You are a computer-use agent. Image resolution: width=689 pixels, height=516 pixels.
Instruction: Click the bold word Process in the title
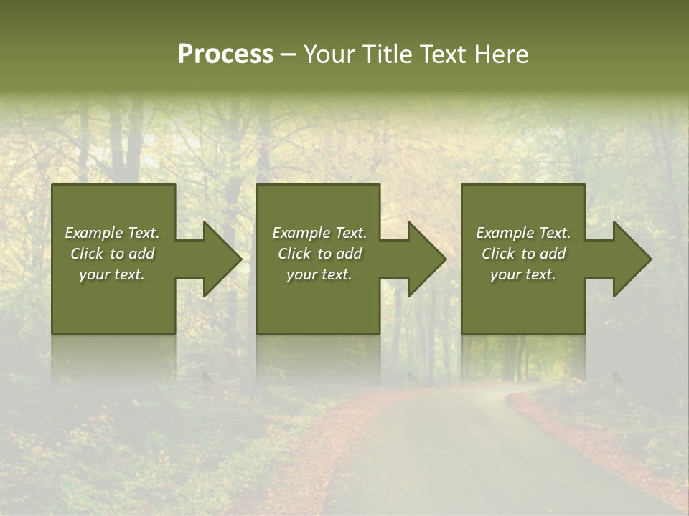coord(225,54)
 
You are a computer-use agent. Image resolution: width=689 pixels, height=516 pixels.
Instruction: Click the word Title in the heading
coord(387,54)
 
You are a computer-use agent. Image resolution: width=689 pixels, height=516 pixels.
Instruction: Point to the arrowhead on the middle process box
coord(426,259)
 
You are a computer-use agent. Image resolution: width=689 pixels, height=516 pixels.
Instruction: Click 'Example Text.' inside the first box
coord(112,233)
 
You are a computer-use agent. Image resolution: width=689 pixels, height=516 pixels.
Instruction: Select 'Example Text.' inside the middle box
coord(319,233)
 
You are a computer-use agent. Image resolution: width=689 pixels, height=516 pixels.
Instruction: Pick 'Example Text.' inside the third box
coord(523,233)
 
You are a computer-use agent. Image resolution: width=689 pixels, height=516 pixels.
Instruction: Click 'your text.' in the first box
coord(112,274)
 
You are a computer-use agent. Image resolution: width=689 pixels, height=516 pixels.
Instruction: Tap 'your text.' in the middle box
coord(319,274)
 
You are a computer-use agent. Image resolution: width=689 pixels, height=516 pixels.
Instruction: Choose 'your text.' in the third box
coord(523,274)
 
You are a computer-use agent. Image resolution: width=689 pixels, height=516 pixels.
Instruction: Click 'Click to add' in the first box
coord(112,254)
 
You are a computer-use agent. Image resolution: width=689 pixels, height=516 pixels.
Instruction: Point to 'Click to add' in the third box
coord(523,254)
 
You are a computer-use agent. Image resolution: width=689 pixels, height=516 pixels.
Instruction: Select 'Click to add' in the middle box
coord(319,254)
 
